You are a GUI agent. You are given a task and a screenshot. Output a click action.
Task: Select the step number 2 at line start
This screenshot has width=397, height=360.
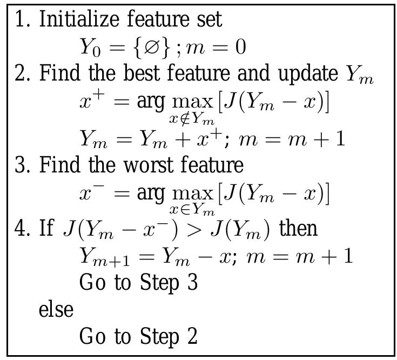pos(21,74)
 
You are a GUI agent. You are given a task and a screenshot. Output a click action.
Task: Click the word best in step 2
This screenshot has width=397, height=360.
pos(143,74)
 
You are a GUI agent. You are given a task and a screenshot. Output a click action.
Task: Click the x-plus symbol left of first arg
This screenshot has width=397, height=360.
pos(92,100)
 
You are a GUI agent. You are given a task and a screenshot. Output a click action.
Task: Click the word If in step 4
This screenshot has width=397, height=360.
pos(47,229)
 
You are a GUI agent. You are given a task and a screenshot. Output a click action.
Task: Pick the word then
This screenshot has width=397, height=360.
pos(299,229)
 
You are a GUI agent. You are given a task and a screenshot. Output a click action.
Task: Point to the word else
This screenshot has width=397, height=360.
pos(56,310)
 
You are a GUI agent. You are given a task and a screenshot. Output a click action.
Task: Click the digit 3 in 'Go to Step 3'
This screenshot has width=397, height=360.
pos(192,283)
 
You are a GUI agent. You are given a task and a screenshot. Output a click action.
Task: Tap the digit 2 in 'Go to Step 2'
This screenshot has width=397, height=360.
pos(192,336)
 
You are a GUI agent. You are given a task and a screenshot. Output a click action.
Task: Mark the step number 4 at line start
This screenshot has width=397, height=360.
pos(21,229)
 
